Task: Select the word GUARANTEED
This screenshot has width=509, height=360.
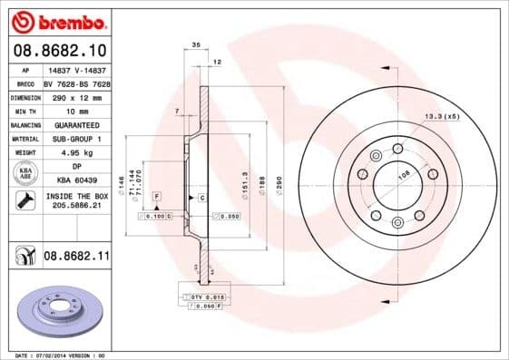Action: tap(75, 124)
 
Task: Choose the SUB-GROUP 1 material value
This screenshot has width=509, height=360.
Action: tap(75, 139)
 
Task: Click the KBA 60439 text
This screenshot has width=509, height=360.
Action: tap(75, 181)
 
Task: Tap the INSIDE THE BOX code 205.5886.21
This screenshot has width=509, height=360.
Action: tap(75, 206)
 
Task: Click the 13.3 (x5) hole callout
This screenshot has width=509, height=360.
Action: tap(443, 116)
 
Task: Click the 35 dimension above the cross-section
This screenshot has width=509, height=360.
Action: tap(195, 44)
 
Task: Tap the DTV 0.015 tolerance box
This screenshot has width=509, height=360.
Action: tap(201, 297)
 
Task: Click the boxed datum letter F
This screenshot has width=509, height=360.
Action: tap(156, 196)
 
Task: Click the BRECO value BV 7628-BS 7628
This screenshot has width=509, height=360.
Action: tap(76, 82)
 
